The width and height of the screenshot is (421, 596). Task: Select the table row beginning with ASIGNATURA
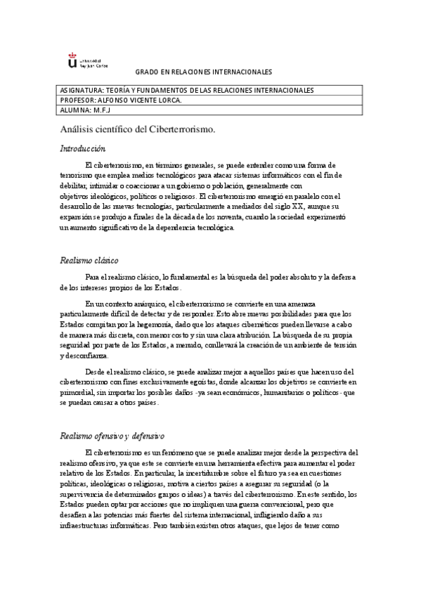pos(210,91)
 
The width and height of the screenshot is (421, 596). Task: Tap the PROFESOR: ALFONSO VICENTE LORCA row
pos(210,101)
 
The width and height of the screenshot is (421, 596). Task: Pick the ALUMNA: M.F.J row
pos(210,110)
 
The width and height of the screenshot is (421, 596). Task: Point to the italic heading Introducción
pos(82,148)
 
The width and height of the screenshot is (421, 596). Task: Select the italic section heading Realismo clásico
pos(89,260)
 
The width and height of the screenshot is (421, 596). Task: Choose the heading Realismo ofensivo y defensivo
pos(112,436)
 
